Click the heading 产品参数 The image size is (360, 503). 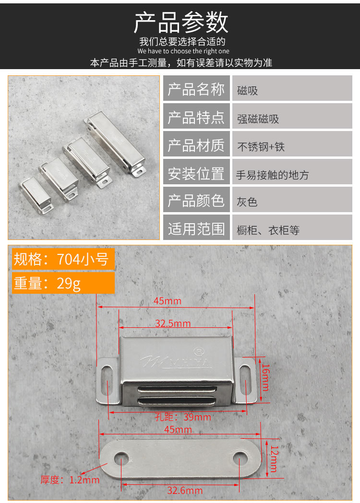(x=180, y=22)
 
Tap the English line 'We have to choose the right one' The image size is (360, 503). (x=183, y=51)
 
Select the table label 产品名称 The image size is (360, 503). (x=196, y=89)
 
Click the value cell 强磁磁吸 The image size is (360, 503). (x=258, y=119)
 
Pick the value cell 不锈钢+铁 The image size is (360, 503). (x=261, y=146)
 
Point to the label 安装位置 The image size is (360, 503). (x=196, y=174)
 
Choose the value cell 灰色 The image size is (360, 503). (x=247, y=202)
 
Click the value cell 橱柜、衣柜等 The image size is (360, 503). (x=268, y=230)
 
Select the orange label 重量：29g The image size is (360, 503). (x=47, y=283)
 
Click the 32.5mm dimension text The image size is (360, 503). (x=172, y=323)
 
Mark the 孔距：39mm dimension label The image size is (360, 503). (x=183, y=417)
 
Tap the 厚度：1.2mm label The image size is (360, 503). (x=70, y=479)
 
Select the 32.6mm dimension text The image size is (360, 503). (x=185, y=490)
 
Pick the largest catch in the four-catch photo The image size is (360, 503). (x=115, y=143)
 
